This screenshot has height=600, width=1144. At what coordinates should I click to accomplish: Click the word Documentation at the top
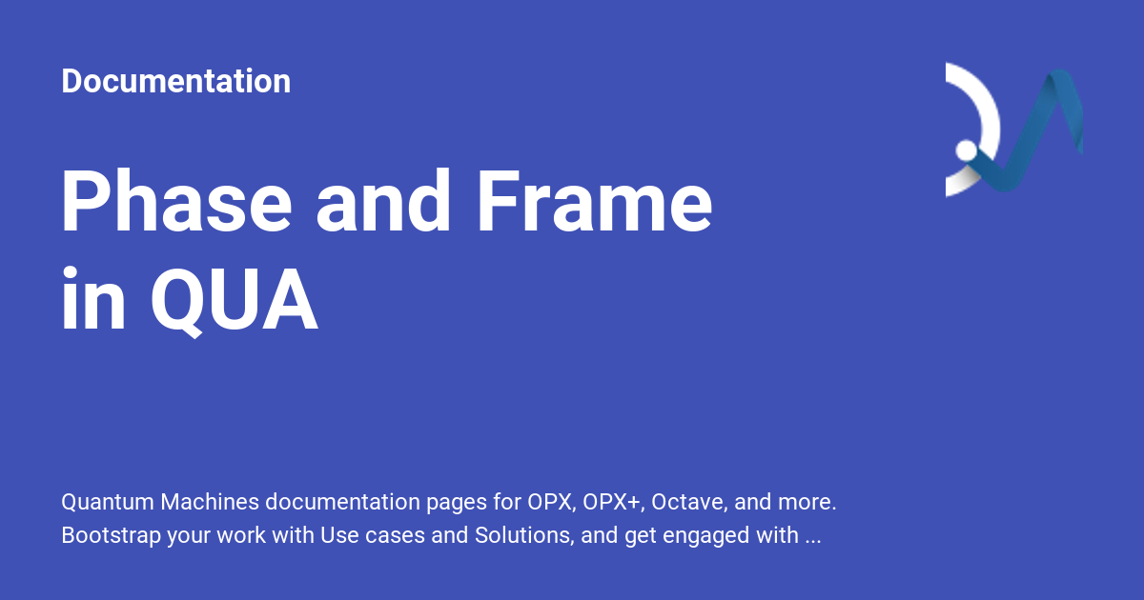(175, 81)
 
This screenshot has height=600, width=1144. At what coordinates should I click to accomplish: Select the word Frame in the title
(593, 202)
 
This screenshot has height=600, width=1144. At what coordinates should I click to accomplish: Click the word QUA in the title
(234, 301)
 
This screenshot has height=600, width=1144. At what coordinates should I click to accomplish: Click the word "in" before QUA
(93, 301)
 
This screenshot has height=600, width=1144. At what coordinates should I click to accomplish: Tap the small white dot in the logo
(966, 150)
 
